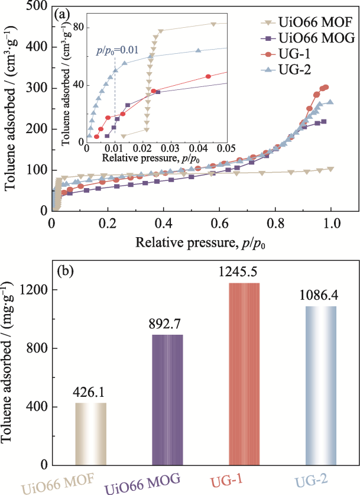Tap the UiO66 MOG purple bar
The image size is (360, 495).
(x=167, y=400)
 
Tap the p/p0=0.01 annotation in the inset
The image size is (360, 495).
(x=117, y=51)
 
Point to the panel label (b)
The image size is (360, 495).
(x=64, y=273)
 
